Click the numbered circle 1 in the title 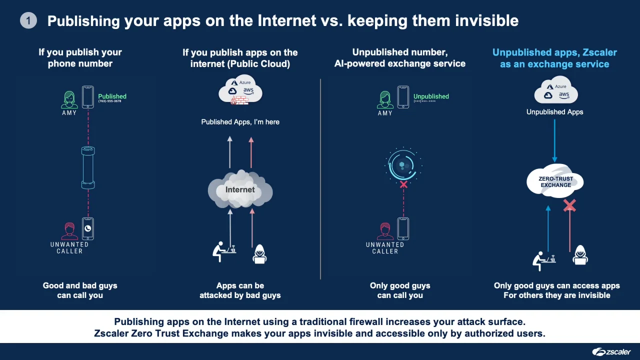(28, 20)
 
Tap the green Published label (112, 96)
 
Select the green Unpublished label (431, 96)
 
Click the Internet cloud (240, 189)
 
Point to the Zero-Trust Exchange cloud (555, 181)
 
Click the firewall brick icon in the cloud (239, 100)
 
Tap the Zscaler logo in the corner (611, 351)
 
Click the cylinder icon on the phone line (88, 167)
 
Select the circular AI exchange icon (403, 164)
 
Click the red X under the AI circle (403, 184)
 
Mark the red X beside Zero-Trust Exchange (569, 205)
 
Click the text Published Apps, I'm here (240, 122)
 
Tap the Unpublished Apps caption (554, 112)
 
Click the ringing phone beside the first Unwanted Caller (88, 228)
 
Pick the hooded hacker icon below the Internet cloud (259, 253)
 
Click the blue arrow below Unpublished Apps (554, 140)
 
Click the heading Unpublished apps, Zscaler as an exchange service (554, 58)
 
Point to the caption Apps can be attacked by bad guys (240, 290)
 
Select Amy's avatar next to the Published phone (69, 99)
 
